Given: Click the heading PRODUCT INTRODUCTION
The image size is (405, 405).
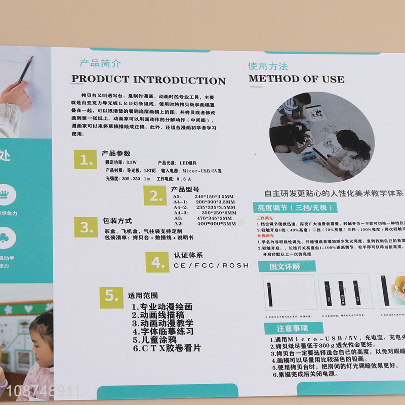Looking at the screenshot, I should (148, 80).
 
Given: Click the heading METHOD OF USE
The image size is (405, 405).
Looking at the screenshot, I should (296, 79).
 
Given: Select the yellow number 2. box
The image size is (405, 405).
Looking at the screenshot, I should (155, 196).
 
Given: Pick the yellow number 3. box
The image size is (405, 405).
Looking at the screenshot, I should (87, 228).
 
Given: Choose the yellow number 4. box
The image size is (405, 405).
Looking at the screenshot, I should (157, 262).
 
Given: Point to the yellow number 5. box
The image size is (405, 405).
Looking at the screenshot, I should (111, 297).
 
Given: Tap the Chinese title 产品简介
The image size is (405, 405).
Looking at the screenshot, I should (100, 64).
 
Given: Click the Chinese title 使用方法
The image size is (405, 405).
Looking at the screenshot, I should (268, 66).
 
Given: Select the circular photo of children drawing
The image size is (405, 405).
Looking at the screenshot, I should (321, 134).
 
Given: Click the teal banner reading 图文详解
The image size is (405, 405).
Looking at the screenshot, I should (279, 266).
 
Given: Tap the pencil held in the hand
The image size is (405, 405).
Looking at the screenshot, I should (25, 69).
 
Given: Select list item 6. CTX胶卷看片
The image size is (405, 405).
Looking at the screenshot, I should (167, 348).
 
